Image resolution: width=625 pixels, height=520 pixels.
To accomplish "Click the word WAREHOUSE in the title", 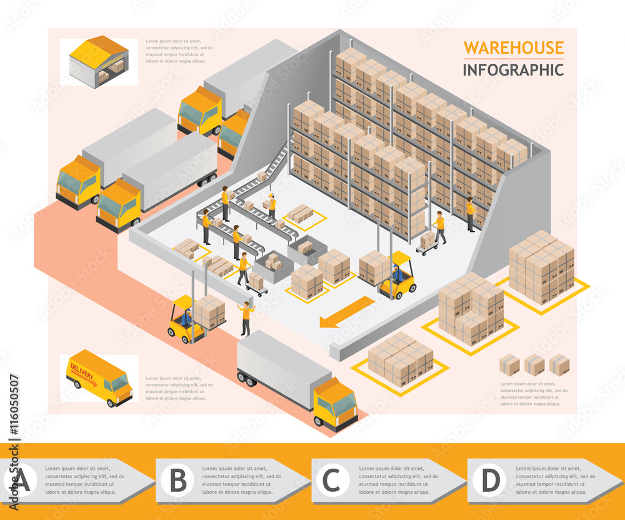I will pos(513,47).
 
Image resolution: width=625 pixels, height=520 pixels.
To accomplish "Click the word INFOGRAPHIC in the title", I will pos(513,69).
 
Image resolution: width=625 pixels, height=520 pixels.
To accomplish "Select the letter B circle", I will pos(178,481).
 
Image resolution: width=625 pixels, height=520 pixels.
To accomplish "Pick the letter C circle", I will pos(332,481).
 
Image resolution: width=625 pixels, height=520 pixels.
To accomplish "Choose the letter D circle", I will pos(491,481).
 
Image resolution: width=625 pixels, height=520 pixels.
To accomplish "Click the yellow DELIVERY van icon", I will pos(99,377).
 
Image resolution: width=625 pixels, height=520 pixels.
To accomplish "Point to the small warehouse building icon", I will pos(99,61).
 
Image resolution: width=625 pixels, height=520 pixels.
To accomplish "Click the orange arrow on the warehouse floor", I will pos(346,311).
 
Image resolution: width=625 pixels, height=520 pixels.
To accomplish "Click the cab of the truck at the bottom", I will pos(335,404).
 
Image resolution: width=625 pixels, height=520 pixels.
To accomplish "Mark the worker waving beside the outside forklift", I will pos(246,317).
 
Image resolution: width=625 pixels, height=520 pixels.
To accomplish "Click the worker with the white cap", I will pos(271,207).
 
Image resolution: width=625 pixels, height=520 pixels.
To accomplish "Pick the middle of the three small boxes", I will pos(534,364).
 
